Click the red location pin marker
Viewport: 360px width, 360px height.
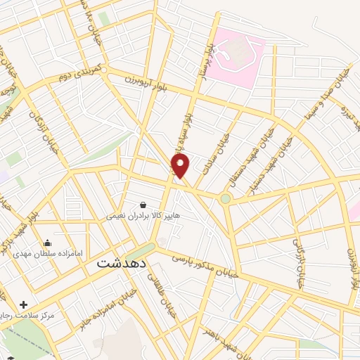coord(181,166)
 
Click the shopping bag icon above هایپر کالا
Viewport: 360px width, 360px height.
coord(143,205)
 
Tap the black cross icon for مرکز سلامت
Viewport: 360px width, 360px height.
coord(25,305)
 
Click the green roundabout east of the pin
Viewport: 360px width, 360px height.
coord(226,199)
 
